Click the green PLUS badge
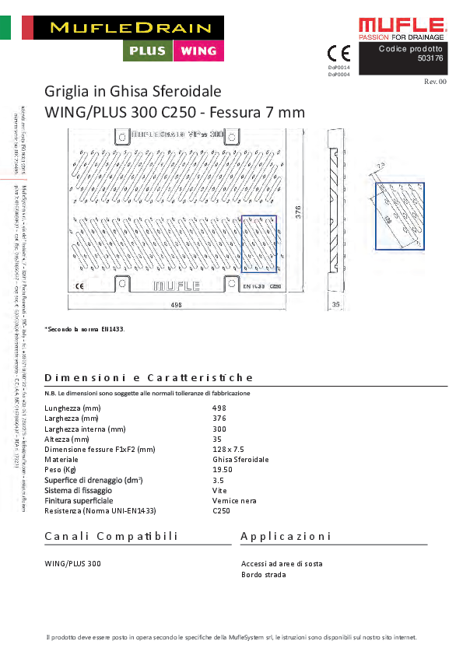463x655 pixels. [149, 51]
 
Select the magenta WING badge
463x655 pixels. [198, 51]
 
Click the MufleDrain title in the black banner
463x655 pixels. [130, 28]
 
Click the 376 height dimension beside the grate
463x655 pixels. [298, 210]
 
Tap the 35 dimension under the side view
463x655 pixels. [335, 305]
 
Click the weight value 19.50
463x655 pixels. [222, 470]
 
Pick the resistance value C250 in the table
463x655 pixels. [223, 511]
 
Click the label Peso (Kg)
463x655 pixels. [61, 470]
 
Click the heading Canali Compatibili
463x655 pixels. [111, 537]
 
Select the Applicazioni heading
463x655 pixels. [286, 537]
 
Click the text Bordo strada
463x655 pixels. [264, 575]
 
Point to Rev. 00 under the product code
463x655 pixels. [435, 81]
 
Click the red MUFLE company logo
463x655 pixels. [402, 26]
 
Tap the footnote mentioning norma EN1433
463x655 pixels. [84, 329]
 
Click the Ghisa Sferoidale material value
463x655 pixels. [240, 460]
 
